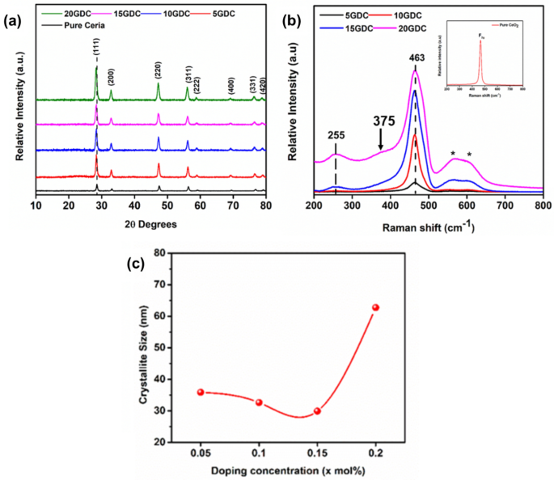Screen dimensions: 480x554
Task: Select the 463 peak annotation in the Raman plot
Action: coord(416,58)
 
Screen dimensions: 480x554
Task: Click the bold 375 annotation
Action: coord(384,120)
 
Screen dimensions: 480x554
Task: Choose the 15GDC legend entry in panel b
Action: coord(350,28)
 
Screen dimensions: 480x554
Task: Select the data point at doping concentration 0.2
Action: coord(375,308)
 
